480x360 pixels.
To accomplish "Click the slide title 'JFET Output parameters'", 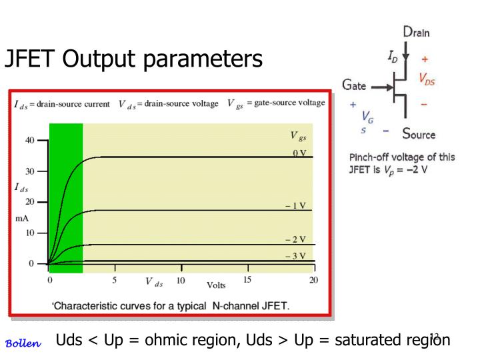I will (x=133, y=59).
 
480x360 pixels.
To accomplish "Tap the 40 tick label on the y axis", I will (x=30, y=140).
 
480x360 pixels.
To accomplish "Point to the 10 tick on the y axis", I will (x=30, y=233).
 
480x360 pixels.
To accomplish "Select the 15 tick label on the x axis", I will (x=247, y=280).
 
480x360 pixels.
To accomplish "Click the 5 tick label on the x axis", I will (x=114, y=280).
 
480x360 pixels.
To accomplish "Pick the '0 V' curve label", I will (x=299, y=153).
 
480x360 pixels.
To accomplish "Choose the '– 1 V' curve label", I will (x=295, y=205).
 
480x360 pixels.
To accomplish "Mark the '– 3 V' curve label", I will (x=295, y=255).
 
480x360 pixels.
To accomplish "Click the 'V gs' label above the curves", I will (x=298, y=136).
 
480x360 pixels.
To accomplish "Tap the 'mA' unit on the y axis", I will (x=21, y=218).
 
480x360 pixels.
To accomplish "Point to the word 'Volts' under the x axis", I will (x=216, y=285).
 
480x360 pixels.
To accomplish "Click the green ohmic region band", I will (x=65, y=193).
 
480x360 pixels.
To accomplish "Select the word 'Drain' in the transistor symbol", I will (x=417, y=31).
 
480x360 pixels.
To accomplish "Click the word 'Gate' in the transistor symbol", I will (x=354, y=85).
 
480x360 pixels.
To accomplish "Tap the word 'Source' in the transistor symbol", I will (x=419, y=134).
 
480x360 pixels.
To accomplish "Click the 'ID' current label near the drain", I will (x=394, y=59).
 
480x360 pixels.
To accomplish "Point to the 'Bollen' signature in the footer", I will (x=23, y=343).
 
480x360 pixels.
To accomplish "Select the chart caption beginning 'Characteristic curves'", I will (x=171, y=306).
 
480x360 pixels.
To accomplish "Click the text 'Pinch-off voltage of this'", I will (x=402, y=157).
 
